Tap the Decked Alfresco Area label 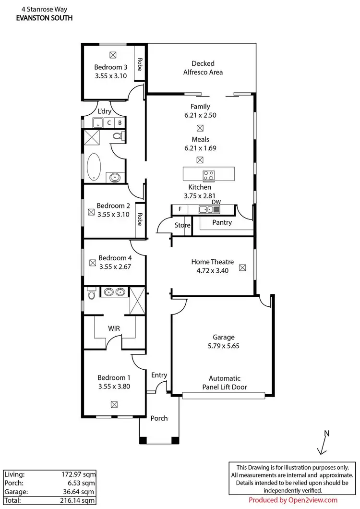[203, 68]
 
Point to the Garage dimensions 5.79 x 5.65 [224, 346]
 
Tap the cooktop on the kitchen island [209, 175]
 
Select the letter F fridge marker [180, 209]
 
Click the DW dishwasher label [216, 202]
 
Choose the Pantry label [222, 222]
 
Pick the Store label [182, 225]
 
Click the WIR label [114, 328]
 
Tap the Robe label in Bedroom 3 [140, 64]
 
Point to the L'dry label [105, 111]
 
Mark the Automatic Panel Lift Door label [224, 383]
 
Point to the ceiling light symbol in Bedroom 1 [114, 405]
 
